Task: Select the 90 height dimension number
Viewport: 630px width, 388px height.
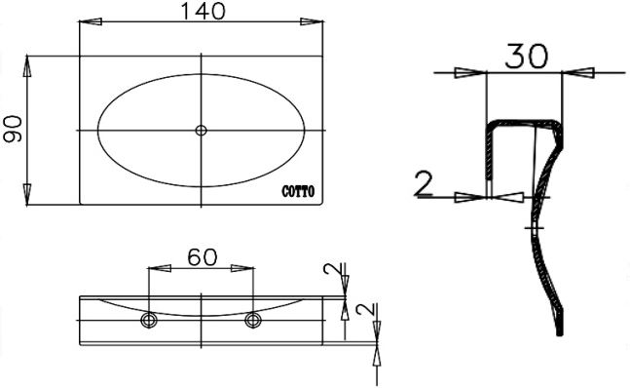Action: point(13,129)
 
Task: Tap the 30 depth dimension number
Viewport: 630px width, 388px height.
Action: point(525,57)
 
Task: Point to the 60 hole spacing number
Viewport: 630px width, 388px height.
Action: point(202,257)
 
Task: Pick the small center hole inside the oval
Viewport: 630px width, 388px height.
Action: point(201,130)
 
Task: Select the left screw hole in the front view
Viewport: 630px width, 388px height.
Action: point(148,320)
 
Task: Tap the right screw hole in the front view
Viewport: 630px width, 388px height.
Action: point(254,320)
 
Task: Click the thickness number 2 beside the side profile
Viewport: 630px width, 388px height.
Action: point(424,181)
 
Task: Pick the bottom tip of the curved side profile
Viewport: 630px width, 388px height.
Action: point(561,333)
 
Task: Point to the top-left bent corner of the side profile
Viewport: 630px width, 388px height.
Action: point(490,124)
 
